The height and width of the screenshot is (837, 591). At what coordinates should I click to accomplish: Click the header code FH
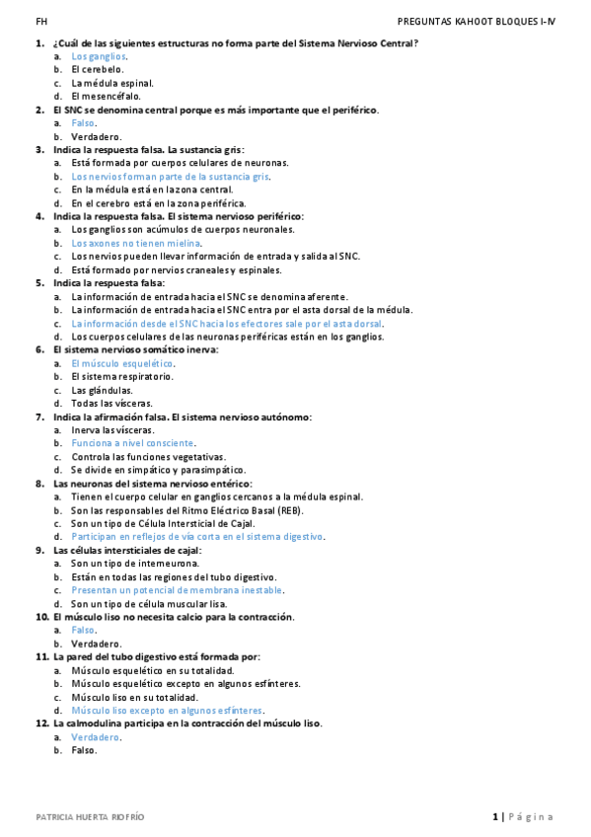point(40,21)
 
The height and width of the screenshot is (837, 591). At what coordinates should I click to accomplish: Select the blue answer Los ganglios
point(99,56)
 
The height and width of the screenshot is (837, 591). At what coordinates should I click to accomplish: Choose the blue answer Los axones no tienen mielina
point(136,243)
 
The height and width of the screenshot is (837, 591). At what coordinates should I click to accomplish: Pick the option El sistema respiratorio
point(122,376)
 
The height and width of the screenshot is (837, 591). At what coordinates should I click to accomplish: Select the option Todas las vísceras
point(111,403)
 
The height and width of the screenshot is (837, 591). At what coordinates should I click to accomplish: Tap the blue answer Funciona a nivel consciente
point(133,443)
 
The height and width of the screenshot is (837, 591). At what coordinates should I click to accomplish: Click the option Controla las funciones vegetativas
point(148,457)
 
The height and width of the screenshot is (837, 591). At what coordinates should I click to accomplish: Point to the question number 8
point(39,484)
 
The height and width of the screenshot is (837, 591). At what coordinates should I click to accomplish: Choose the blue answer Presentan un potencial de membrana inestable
point(177,590)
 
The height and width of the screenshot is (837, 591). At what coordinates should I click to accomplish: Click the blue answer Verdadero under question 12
point(96,737)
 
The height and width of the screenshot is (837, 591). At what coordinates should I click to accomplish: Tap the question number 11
point(41,656)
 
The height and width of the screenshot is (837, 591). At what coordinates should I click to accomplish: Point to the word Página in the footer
point(533,817)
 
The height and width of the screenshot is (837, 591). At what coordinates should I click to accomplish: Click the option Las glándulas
point(103,390)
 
